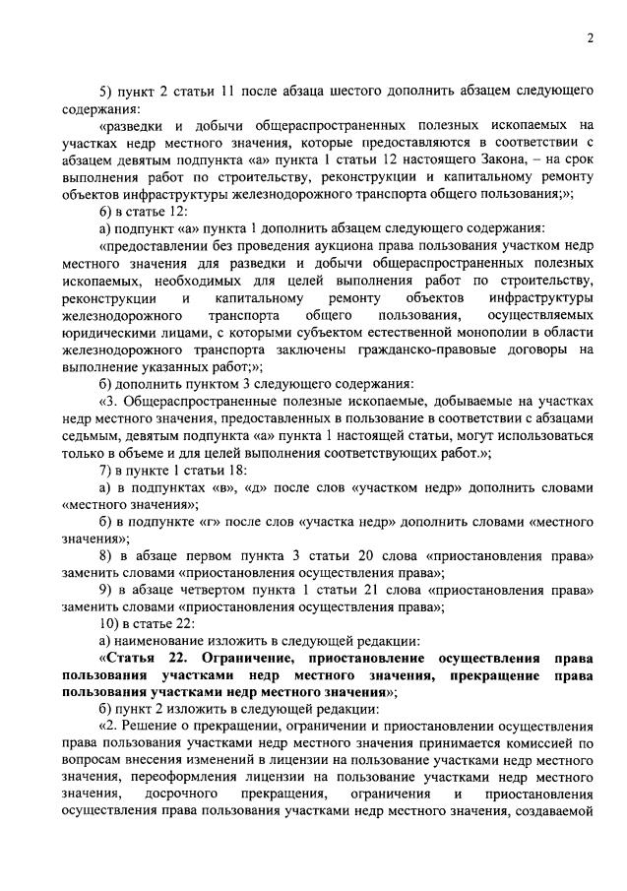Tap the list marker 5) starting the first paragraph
107,91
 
